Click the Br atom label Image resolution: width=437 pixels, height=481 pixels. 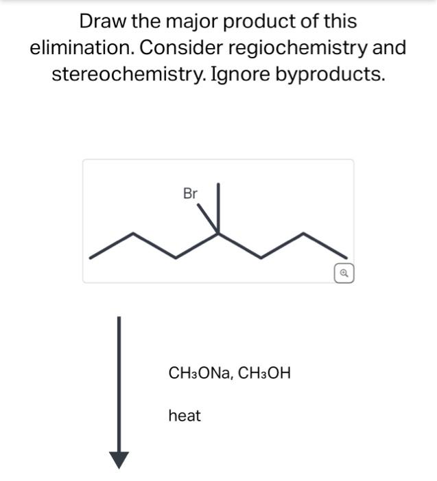click(x=190, y=194)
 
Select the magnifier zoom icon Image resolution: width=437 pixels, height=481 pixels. click(x=344, y=273)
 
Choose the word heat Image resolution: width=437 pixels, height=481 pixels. click(x=185, y=416)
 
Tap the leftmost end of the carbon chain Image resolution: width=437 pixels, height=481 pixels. click(x=91, y=258)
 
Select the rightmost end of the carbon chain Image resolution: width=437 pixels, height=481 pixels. click(x=345, y=258)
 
